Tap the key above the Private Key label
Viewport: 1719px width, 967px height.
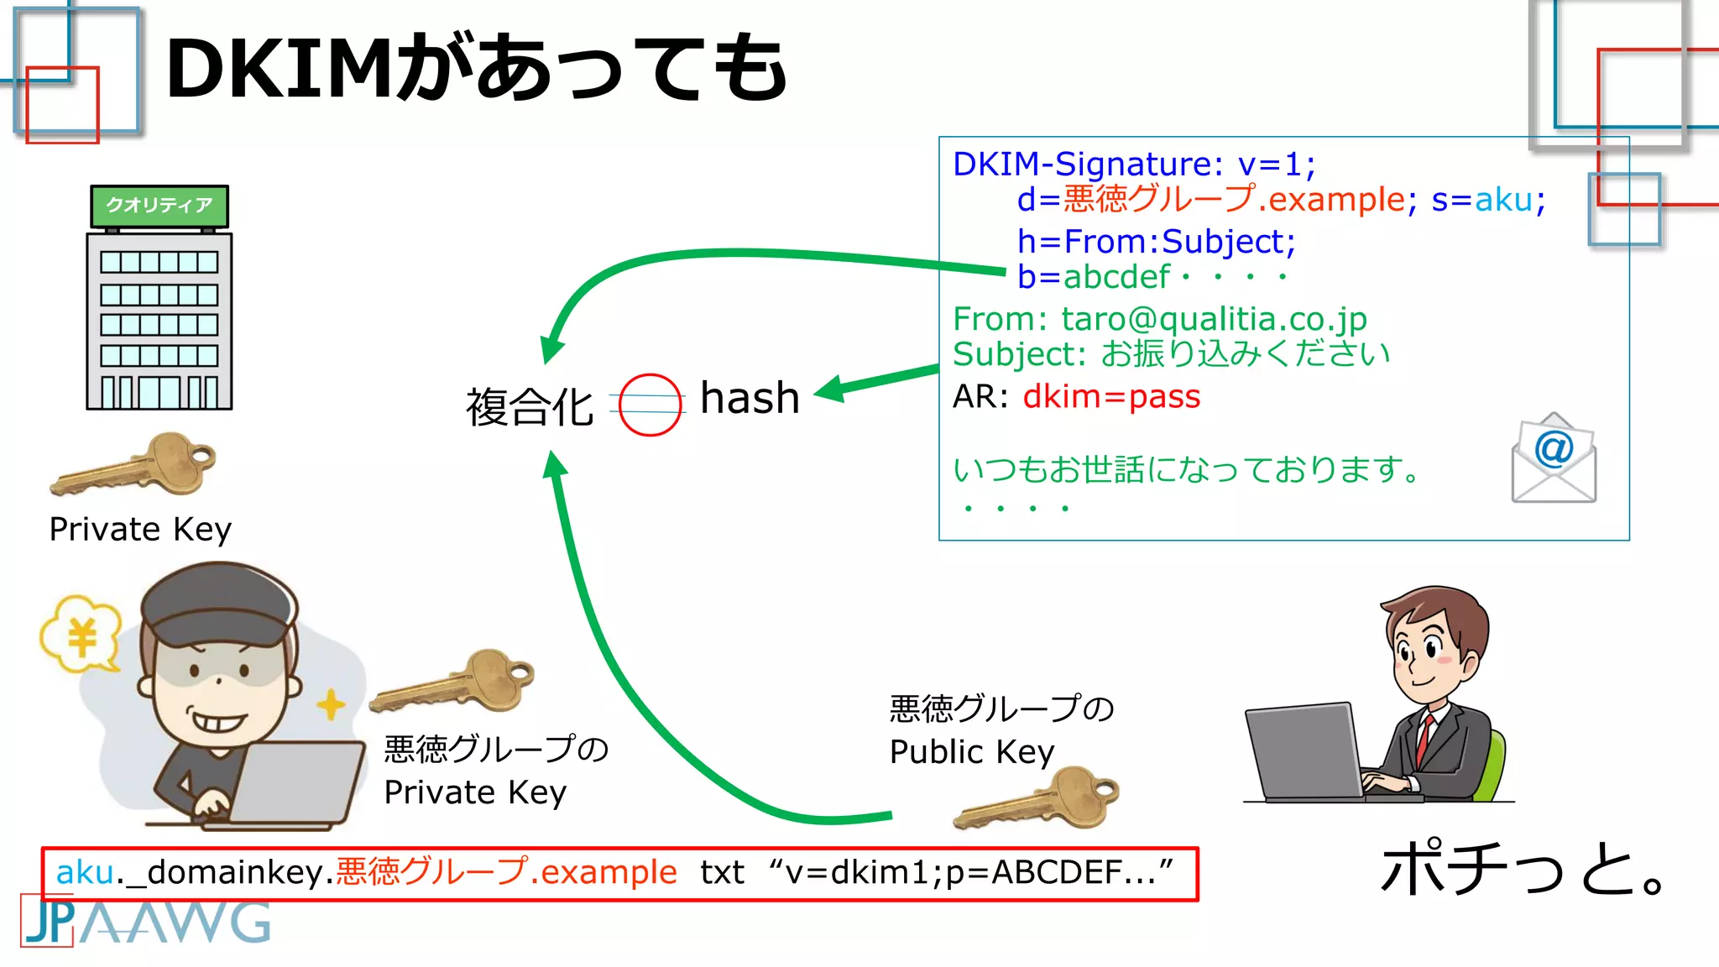(134, 467)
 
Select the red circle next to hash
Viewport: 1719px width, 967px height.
(650, 405)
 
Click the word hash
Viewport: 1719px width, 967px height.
(750, 398)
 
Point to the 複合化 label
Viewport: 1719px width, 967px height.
(530, 407)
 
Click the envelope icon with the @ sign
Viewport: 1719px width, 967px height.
(1554, 460)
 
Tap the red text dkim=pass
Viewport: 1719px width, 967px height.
(1111, 396)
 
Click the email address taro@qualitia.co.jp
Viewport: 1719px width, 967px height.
(1214, 319)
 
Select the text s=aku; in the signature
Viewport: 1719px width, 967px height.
(1488, 200)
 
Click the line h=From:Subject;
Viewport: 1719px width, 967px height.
(1156, 242)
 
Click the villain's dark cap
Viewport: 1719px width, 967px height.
(218, 604)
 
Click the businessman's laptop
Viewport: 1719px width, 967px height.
(1306, 752)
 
